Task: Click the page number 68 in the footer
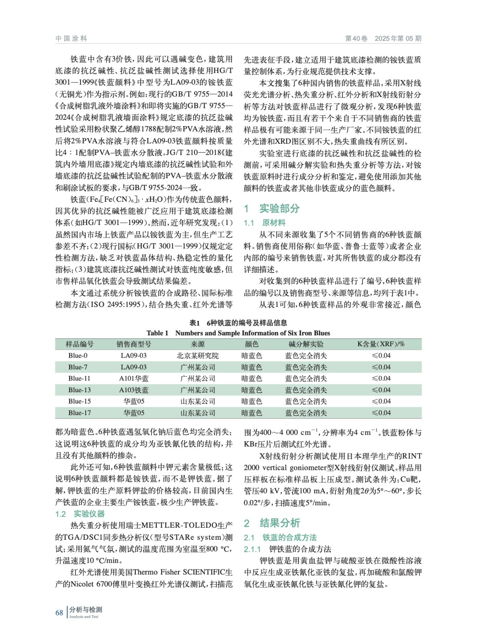tap(59, 612)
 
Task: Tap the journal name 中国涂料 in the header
tap(71, 39)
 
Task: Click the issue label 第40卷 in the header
tap(356, 39)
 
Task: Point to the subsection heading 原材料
tap(274, 223)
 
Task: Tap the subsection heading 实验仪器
tap(89, 514)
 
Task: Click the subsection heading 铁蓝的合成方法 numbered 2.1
tap(289, 537)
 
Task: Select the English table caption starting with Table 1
tap(238, 333)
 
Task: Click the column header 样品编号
tap(80, 344)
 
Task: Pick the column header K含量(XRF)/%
tap(381, 344)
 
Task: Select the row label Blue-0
tap(78, 356)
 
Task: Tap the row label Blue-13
tap(80, 390)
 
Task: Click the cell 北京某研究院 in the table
tap(198, 356)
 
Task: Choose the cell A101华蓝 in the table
tap(134, 379)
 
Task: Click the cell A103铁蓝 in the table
tap(134, 390)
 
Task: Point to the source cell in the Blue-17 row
tap(198, 413)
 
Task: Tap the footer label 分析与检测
tap(86, 610)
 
